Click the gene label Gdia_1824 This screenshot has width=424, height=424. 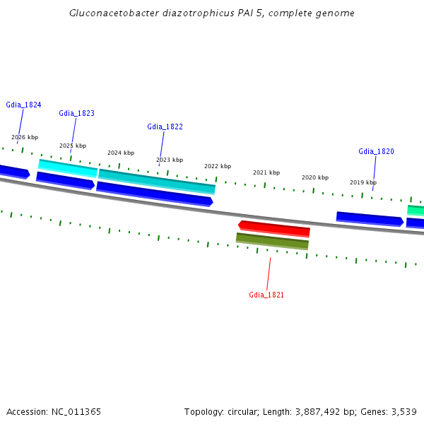pos(23,105)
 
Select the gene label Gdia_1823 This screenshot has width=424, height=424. pos(76,113)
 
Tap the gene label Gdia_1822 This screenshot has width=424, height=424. pos(165,126)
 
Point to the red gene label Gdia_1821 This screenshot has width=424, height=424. pos(266,295)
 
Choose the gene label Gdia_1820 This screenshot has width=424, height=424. pos(376,151)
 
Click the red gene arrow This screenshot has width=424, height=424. pos(274,228)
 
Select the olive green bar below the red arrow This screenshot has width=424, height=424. pos(272,242)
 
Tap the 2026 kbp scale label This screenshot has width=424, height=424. pos(25,137)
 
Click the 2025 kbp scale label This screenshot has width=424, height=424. pos(73,146)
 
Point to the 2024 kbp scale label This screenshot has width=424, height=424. pos(121,153)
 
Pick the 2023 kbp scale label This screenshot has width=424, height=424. pos(170,160)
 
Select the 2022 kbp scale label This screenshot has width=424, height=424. pos(218,166)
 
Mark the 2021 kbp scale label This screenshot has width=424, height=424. pos(266,172)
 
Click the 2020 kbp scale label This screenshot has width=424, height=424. pos(315,177)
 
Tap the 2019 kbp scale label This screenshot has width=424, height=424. pos(363,182)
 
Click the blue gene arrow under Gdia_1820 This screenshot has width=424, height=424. pos(370,218)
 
